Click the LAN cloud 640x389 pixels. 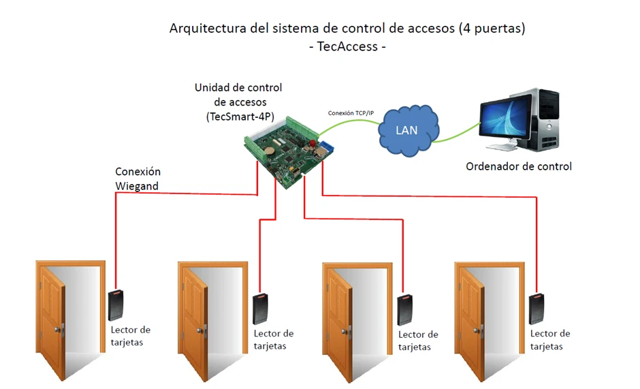[x=406, y=129]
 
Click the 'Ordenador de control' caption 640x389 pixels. [x=518, y=166]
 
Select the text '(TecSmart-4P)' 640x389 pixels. [x=239, y=116]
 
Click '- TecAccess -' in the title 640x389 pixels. [x=347, y=47]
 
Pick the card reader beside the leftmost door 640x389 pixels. [x=116, y=305]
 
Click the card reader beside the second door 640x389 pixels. [x=259, y=309]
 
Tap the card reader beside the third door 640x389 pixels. [x=405, y=310]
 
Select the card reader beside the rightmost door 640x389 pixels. [x=537, y=308]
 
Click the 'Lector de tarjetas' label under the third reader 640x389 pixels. [x=419, y=341]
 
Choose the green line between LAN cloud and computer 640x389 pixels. [x=456, y=135]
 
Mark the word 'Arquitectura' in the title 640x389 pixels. [x=204, y=29]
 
